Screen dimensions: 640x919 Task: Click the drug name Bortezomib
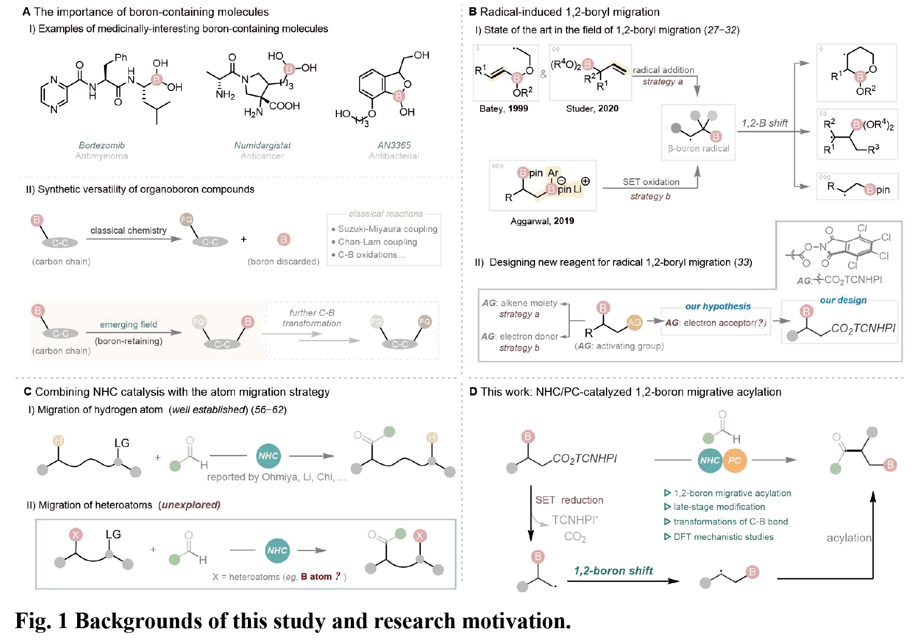click(101, 145)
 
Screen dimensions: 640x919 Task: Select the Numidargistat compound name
click(262, 145)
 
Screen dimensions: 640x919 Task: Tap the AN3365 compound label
click(394, 145)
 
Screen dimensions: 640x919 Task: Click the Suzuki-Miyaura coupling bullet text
click(387, 229)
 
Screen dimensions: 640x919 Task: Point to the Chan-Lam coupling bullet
click(377, 242)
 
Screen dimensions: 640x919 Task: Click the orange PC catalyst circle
click(734, 460)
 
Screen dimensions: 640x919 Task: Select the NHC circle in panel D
click(710, 460)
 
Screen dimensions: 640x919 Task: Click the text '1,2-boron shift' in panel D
click(613, 571)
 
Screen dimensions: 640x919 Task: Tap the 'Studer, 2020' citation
click(592, 109)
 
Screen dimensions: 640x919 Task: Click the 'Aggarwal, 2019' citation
click(542, 221)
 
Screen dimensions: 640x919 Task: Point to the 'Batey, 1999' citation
click(503, 109)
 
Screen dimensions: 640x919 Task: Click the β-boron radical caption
click(698, 149)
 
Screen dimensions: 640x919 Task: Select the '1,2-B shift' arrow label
click(764, 123)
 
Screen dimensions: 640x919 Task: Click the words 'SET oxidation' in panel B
click(651, 182)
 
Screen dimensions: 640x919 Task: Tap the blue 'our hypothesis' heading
click(718, 306)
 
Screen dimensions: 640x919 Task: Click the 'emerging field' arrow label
click(128, 325)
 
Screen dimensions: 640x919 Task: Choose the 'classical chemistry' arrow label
click(128, 231)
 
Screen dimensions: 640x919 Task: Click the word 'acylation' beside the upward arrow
click(849, 538)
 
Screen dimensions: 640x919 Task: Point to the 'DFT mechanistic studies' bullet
click(723, 537)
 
